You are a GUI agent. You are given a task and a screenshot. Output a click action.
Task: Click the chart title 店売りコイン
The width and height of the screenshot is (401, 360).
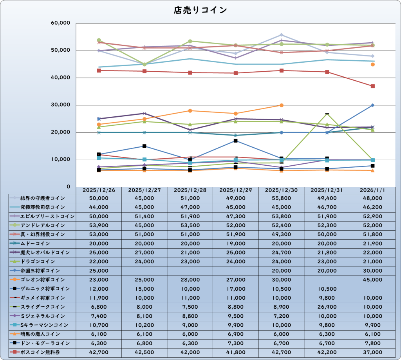point(200,10)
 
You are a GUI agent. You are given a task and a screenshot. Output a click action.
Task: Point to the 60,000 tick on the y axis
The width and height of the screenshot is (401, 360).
point(60,23)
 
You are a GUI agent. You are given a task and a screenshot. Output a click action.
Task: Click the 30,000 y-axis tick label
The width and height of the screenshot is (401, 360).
point(60,105)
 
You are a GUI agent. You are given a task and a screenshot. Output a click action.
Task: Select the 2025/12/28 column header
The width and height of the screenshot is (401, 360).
point(190,190)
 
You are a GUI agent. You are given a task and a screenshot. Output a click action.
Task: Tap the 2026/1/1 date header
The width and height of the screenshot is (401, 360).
point(372,190)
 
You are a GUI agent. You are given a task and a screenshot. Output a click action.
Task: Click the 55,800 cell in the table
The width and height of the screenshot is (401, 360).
point(281,198)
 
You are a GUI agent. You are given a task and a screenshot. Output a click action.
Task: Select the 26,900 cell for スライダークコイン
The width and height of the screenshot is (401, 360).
point(327,307)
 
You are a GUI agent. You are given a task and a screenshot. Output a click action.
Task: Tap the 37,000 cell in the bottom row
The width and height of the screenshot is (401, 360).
point(372,352)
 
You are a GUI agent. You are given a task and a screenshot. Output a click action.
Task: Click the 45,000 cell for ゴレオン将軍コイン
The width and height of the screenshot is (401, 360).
point(372,280)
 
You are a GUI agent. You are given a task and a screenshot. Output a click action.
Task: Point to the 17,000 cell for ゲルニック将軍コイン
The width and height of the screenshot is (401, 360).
point(235,289)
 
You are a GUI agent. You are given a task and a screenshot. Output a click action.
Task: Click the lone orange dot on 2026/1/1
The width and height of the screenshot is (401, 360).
point(373,64)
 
